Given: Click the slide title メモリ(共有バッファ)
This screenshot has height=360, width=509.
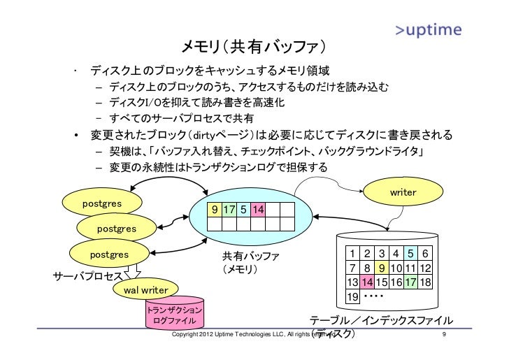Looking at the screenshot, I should (254, 48).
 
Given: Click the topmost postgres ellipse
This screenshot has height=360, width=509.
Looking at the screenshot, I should (103, 203).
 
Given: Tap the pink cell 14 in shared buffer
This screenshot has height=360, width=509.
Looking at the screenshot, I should (258, 210).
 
